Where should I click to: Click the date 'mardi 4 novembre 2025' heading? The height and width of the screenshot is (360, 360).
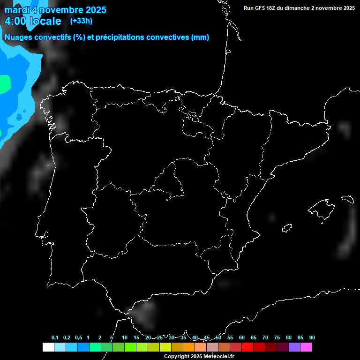click(55, 10)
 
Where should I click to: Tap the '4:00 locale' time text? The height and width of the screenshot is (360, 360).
click(33, 21)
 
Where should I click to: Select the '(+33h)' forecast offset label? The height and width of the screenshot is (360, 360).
click(81, 21)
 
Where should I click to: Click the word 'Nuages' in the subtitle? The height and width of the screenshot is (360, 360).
click(18, 37)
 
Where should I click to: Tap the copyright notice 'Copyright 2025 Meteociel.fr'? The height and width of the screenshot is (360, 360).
click(199, 357)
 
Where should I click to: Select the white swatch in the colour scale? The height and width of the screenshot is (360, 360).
click(48, 347)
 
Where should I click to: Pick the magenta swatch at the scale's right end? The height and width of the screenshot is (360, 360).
click(306, 347)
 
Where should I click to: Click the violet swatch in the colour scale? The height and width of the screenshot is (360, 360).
click(294, 347)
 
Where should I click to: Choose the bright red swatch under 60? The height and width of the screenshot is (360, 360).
click(247, 347)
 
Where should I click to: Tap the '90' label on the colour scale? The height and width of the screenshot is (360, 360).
click(312, 338)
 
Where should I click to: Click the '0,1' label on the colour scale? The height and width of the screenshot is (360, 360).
click(55, 338)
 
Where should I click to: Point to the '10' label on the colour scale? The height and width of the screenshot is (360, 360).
click(125, 338)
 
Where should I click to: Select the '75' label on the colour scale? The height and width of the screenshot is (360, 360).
click(277, 338)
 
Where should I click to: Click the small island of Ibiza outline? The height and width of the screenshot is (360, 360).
click(287, 228)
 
